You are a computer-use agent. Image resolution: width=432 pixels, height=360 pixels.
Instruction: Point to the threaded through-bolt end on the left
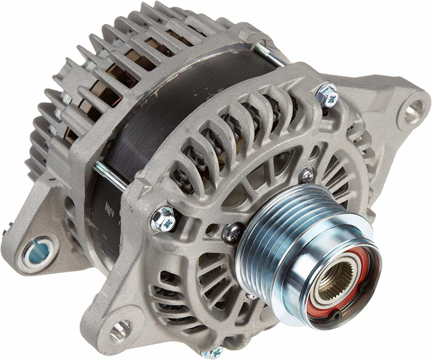tap(99, 167)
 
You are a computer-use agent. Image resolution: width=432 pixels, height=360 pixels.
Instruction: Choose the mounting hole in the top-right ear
tap(413, 111)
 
